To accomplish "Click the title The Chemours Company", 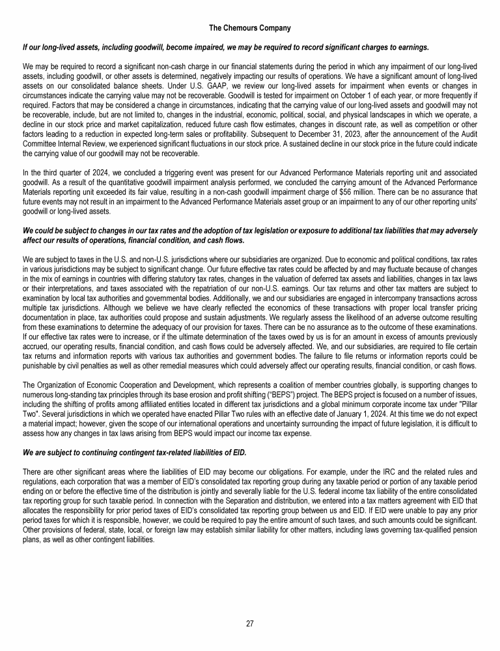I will [x=250, y=28].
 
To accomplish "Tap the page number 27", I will [x=250, y=623].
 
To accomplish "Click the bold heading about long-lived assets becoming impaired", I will [x=225, y=48].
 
